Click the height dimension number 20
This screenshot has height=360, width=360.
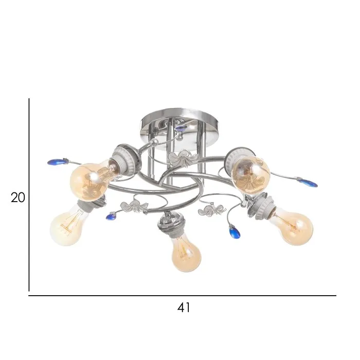click(17, 197)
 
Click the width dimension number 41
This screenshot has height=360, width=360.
click(184, 308)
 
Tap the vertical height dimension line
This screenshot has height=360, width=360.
click(29, 195)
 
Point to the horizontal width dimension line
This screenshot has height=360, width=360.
click(182, 296)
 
